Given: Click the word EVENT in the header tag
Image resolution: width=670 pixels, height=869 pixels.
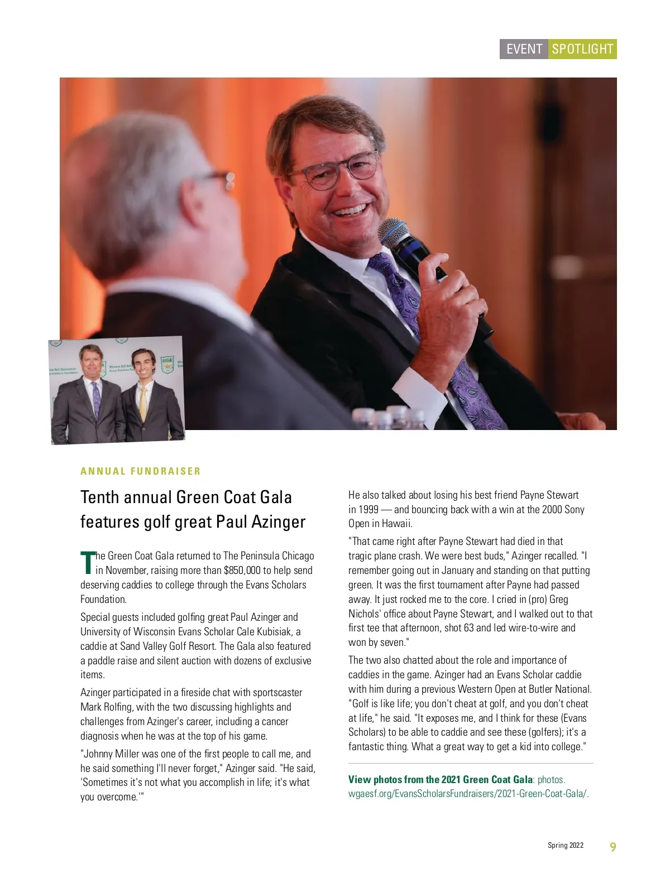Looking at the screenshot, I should point(524,49).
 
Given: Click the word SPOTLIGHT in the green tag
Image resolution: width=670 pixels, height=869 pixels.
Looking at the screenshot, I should point(582,49).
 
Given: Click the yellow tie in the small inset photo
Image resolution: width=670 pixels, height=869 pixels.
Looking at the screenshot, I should point(143,404).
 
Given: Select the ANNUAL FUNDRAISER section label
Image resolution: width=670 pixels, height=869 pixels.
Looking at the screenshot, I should point(140,471).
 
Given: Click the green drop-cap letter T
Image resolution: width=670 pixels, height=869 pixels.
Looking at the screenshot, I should point(87,562).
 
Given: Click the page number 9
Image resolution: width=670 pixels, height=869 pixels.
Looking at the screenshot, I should point(612,847).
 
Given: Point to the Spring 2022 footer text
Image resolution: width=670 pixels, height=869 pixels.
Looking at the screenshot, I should point(565,846).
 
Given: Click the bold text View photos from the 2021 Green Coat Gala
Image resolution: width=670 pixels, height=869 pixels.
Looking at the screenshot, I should point(440,780).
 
